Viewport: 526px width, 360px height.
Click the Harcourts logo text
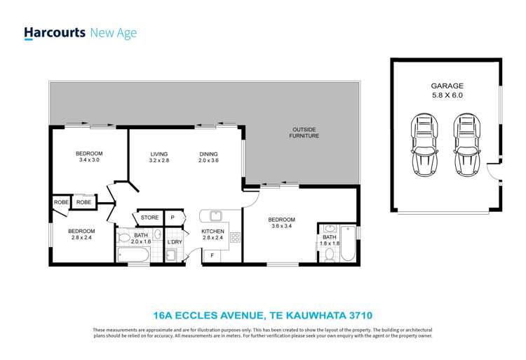[55, 32]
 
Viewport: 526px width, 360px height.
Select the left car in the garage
[423, 145]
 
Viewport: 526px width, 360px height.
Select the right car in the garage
[466, 145]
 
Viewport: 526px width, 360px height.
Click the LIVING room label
[159, 154]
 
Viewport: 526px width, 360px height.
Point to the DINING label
[208, 154]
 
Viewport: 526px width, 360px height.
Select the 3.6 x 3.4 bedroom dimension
[281, 227]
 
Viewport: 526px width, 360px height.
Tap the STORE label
[149, 218]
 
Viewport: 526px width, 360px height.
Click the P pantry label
[173, 218]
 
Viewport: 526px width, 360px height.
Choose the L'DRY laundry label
[174, 242]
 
